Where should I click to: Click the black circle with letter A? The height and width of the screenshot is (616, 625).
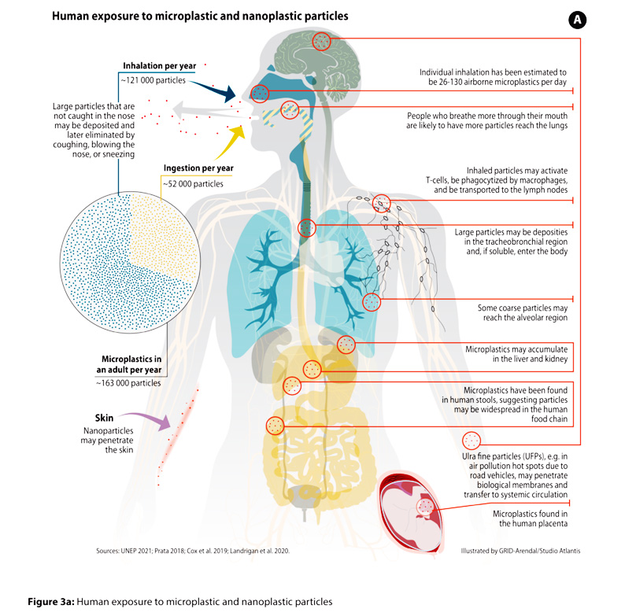(x=577, y=20)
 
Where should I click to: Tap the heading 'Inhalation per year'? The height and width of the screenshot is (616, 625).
(x=160, y=66)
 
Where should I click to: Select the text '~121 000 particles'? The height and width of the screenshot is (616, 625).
(x=153, y=80)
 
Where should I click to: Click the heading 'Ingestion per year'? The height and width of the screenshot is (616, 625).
(x=198, y=168)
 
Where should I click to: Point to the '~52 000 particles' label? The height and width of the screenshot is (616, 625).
(x=193, y=183)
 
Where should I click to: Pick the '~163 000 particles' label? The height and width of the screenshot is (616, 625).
(x=128, y=383)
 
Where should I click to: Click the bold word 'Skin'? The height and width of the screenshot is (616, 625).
(x=104, y=418)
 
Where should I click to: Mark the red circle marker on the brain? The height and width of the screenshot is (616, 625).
(x=321, y=41)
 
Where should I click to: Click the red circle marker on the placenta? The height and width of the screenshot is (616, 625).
(x=425, y=507)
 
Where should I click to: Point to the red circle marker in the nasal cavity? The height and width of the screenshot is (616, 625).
(x=260, y=94)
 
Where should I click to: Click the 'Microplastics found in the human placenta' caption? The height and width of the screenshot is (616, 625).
(x=530, y=518)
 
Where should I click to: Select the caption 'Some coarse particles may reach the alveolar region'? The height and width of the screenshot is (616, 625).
(x=523, y=313)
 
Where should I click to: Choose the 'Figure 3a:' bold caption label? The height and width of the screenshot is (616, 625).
(x=51, y=601)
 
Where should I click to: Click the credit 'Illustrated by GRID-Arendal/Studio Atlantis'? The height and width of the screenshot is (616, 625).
(x=520, y=551)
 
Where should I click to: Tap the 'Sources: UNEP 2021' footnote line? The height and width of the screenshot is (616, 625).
(x=193, y=551)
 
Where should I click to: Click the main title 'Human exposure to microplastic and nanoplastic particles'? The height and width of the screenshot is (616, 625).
(x=200, y=16)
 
